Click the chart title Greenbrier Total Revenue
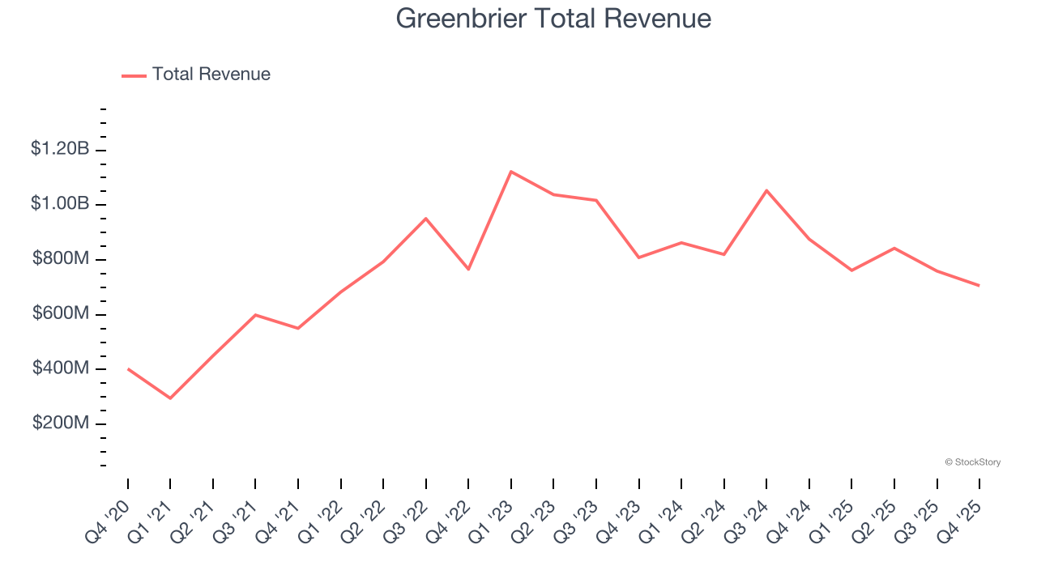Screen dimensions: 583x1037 click(553, 19)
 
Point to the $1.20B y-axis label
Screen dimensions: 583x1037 click(60, 148)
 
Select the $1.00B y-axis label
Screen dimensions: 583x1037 click(60, 203)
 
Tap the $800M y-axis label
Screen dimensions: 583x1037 click(61, 258)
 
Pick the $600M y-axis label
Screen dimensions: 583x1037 click(61, 313)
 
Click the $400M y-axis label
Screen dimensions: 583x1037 click(61, 368)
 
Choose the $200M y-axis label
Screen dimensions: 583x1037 click(61, 423)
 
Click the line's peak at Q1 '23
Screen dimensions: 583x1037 click(511, 172)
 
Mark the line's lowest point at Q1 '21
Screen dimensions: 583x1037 click(170, 398)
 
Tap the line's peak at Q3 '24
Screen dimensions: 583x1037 click(766, 190)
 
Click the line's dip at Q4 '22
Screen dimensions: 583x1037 click(468, 269)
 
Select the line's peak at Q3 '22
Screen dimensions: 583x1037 click(426, 219)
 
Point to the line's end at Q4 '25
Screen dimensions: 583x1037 click(979, 285)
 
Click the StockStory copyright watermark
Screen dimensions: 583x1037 click(972, 462)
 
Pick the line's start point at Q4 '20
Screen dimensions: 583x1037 click(128, 368)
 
